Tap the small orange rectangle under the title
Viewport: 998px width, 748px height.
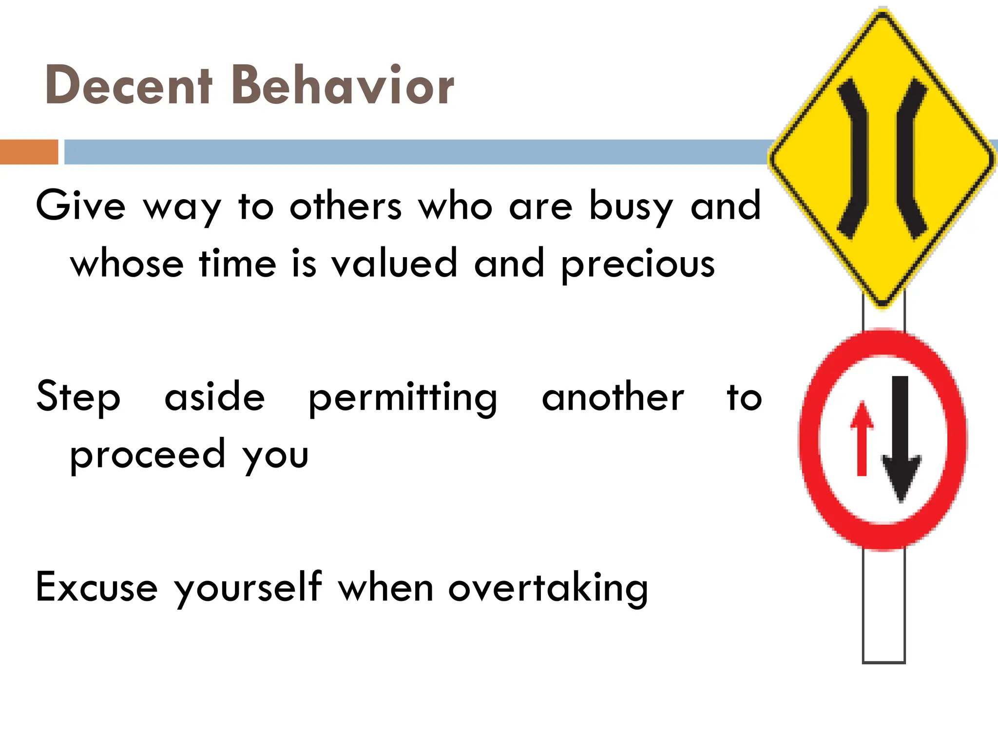[29, 152]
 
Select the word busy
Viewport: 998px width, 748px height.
[631, 207]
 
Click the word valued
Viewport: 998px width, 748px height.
[394, 263]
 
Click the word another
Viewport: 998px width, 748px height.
[613, 397]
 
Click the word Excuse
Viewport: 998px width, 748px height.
[96, 587]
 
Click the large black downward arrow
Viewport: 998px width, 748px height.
[901, 438]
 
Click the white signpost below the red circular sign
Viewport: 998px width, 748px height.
[883, 606]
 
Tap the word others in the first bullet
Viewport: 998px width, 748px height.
[345, 206]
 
